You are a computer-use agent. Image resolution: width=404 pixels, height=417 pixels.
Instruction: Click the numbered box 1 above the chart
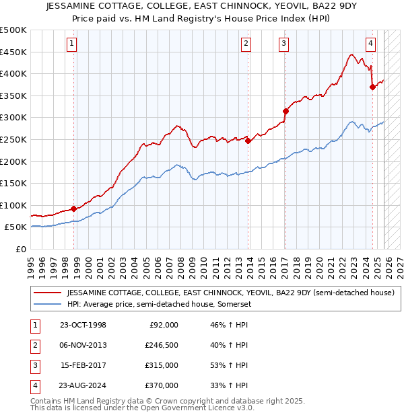tap(71, 44)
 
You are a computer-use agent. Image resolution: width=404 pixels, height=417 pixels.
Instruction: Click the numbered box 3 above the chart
tap(284, 44)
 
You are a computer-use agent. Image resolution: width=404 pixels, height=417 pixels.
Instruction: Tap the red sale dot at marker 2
tap(248, 141)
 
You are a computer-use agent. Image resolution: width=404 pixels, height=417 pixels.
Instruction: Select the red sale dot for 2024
tap(372, 87)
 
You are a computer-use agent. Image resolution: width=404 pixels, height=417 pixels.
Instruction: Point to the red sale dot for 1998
tap(73, 208)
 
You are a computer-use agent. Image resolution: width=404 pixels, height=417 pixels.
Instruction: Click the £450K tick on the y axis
tap(13, 52)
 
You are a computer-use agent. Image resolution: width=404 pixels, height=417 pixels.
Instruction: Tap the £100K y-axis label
tap(13, 205)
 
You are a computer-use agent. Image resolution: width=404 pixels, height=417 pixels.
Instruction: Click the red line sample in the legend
tap(47, 293)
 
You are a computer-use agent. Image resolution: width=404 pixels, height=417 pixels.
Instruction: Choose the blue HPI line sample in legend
tap(47, 304)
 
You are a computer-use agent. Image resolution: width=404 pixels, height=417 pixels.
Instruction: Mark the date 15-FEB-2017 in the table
tap(83, 365)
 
